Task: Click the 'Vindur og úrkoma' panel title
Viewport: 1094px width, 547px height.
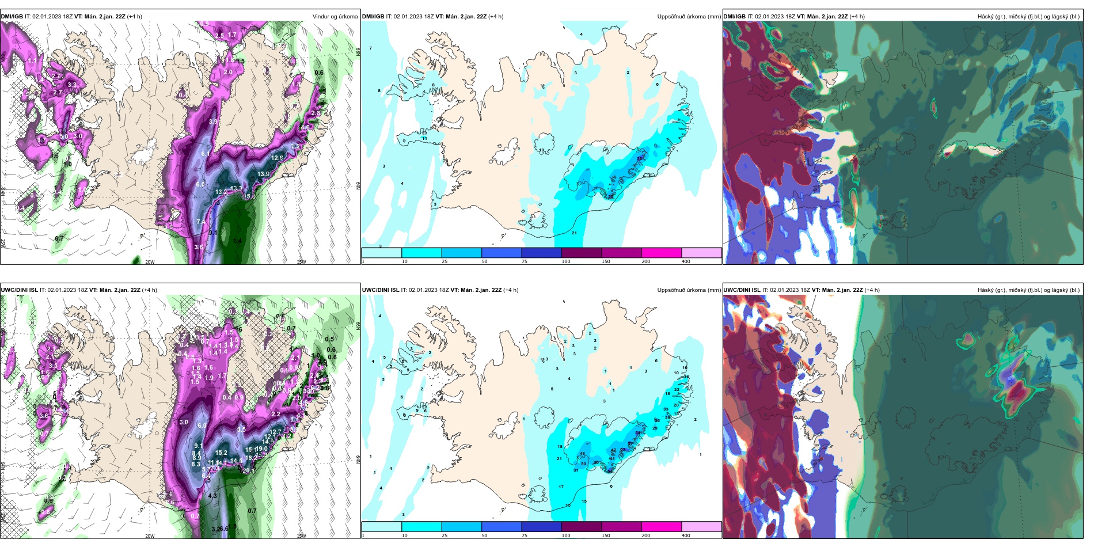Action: click(x=335, y=17)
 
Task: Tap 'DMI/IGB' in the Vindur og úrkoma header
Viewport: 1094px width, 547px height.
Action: click(x=12, y=17)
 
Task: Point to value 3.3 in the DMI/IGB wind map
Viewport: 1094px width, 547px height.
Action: click(x=72, y=85)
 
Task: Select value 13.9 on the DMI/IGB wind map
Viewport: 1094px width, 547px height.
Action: click(x=263, y=174)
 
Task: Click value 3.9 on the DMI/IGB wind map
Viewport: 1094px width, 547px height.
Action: click(x=213, y=121)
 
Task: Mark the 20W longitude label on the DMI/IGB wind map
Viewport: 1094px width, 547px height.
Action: click(x=150, y=262)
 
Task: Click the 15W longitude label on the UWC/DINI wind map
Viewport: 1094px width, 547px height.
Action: click(x=301, y=536)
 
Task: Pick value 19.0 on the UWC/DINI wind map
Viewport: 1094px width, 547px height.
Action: click(x=261, y=449)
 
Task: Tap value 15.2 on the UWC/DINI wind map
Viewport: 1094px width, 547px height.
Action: click(x=221, y=453)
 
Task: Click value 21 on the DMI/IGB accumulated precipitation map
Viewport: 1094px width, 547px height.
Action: click(x=574, y=233)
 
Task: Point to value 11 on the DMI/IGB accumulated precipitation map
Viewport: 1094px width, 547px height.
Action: click(x=424, y=139)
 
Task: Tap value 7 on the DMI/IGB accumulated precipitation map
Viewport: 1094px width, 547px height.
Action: click(x=370, y=48)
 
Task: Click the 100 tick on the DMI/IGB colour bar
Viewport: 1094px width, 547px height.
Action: click(x=566, y=261)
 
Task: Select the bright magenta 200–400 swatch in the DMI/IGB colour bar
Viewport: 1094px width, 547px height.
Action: click(x=661, y=253)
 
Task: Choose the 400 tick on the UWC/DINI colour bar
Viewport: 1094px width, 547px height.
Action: click(x=686, y=535)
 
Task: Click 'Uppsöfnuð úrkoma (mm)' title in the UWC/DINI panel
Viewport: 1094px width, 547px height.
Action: click(x=689, y=290)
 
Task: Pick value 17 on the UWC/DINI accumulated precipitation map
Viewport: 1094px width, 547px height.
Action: click(x=561, y=487)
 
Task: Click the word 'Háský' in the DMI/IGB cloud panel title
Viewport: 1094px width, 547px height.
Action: click(x=986, y=17)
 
